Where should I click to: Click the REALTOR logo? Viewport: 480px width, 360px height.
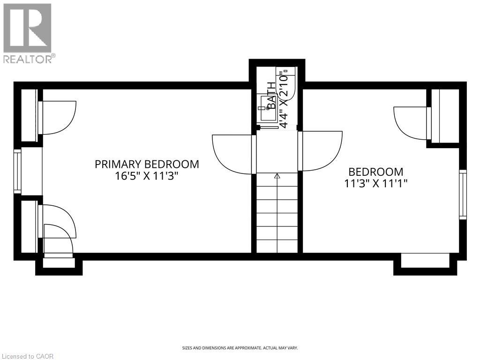pos(28,33)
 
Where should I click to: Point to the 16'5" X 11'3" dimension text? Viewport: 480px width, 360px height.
pos(147,176)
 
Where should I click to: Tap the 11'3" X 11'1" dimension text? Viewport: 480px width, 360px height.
pos(375,184)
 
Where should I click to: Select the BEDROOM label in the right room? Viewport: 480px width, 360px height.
pos(375,172)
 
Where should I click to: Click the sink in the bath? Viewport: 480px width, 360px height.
pos(266,108)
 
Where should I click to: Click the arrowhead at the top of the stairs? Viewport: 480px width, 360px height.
pos(277,176)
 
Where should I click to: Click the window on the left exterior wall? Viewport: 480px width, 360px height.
pos(17,171)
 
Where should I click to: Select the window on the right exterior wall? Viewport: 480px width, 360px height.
pos(463,195)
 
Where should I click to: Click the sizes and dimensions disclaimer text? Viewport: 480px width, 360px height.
pos(240,348)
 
